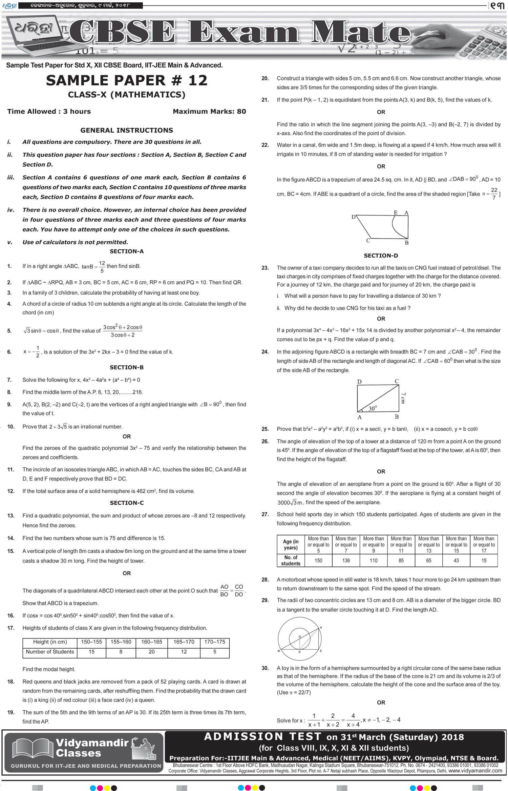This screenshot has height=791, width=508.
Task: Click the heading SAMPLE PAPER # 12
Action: pos(127,81)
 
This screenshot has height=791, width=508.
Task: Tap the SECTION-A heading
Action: pos(127,251)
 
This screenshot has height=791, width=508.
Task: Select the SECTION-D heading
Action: pos(381,256)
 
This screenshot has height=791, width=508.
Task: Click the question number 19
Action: pos(11,712)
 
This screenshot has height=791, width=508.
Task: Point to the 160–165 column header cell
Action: pos(151,642)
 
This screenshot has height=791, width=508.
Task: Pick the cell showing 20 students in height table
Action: pos(151,652)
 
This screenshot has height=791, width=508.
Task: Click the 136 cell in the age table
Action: pos(346,561)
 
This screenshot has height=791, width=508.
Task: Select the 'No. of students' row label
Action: pos(291,561)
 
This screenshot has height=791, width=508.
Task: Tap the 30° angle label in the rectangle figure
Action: pos(373,408)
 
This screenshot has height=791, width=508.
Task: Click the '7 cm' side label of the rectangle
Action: pos(403,398)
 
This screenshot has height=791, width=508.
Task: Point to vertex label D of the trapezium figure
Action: pos(354,217)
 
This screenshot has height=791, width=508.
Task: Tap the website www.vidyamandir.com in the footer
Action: pos(475,771)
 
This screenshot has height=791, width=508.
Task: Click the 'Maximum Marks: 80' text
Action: pos(209,111)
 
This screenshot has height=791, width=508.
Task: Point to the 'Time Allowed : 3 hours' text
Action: pos(49,111)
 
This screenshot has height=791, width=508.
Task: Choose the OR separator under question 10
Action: pos(127,437)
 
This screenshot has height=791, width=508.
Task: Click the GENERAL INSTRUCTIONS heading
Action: pos(127,130)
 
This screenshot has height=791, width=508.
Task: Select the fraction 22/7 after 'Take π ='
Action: pos(494,194)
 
